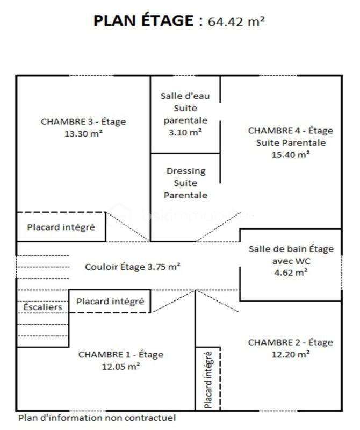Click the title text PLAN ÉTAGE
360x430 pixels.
click(142, 21)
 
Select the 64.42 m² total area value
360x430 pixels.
click(236, 21)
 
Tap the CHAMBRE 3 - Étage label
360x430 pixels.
click(83, 121)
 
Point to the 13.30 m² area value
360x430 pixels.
click(83, 133)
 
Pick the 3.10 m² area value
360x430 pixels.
click(185, 132)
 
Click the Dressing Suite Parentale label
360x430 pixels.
click(185, 183)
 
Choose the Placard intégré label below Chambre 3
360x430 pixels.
click(61, 227)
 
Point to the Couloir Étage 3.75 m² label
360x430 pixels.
click(133, 266)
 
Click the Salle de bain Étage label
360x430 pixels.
click(291, 249)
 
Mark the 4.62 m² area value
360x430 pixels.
click(291, 273)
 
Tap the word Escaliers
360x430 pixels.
click(42, 307)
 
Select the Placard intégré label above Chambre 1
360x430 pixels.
click(110, 302)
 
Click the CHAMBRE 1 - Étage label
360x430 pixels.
click(121, 355)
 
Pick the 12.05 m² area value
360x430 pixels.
click(121, 367)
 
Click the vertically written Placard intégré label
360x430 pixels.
click(208, 379)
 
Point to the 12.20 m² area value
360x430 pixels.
click(291, 354)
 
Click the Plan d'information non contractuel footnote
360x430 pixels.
click(97, 418)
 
